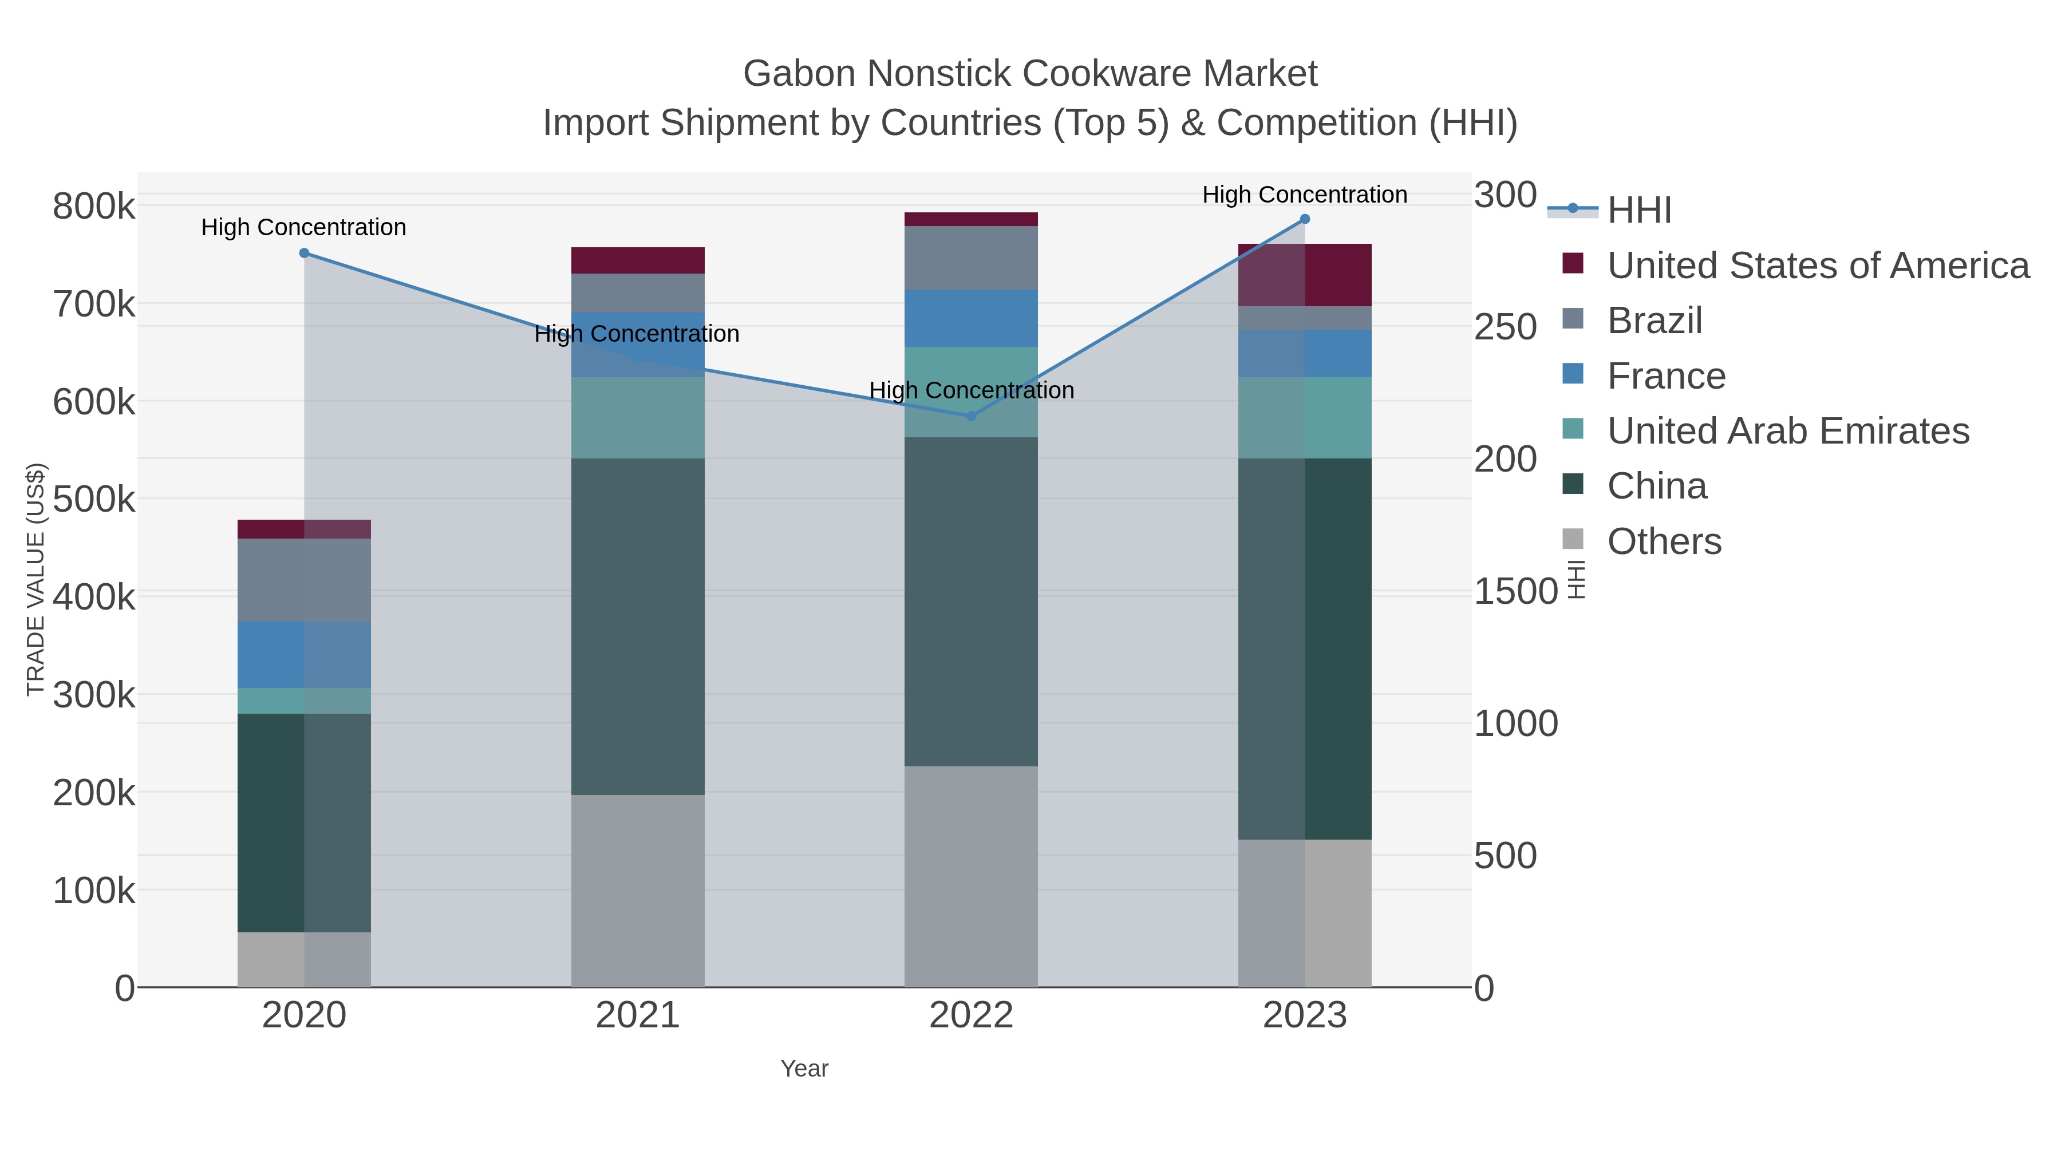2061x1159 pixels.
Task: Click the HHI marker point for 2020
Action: click(304, 254)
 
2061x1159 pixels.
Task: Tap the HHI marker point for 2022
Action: click(972, 416)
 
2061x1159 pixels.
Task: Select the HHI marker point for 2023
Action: click(1305, 219)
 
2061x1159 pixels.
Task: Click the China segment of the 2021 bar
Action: click(638, 626)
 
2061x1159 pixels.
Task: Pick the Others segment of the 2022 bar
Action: click(972, 877)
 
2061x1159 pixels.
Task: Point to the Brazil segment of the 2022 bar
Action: click(972, 258)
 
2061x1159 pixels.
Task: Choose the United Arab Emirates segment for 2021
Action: click(638, 418)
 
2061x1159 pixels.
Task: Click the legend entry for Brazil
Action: click(1655, 321)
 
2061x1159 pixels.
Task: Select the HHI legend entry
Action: click(1638, 211)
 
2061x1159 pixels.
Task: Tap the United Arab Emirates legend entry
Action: click(1787, 431)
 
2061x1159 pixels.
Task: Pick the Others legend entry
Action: click(1664, 541)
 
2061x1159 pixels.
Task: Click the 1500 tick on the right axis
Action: click(1515, 592)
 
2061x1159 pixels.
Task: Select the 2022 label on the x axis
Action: click(972, 1016)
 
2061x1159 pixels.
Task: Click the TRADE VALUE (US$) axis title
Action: click(35, 579)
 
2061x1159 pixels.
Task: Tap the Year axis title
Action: click(804, 1069)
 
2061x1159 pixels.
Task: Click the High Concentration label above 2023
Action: click(1304, 195)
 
